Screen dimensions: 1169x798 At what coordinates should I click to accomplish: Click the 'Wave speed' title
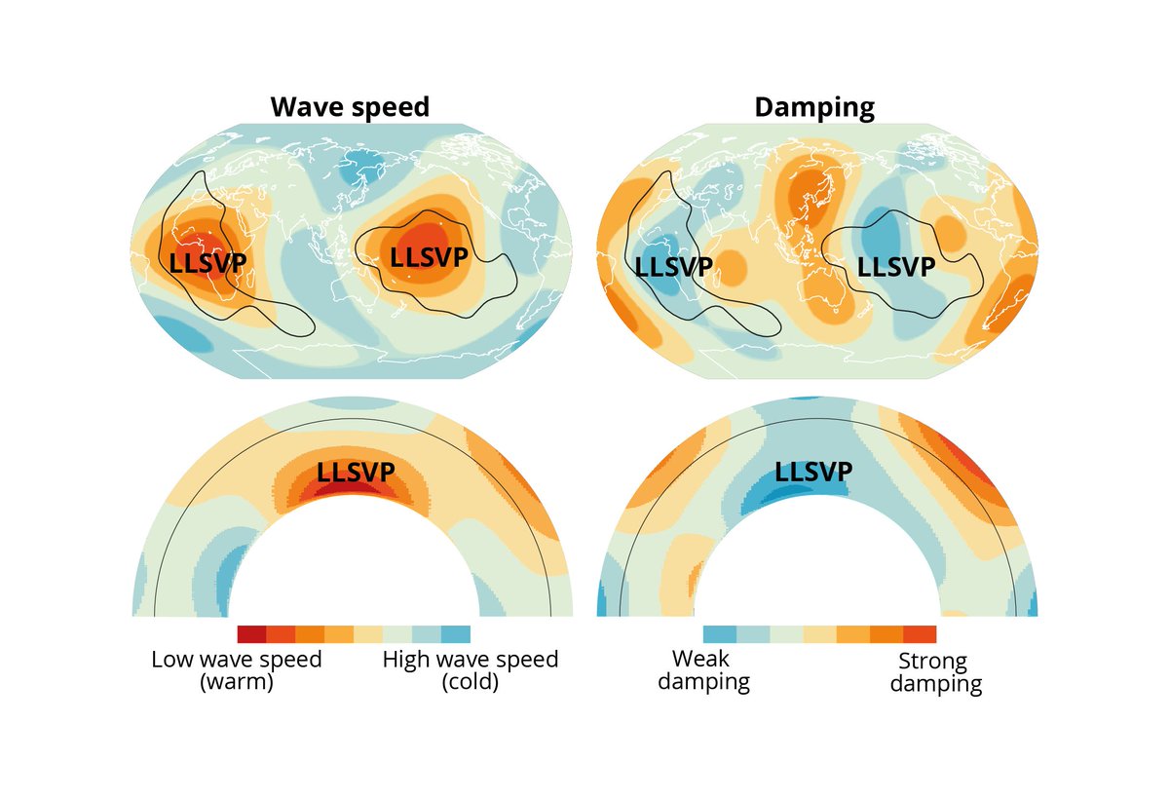point(350,106)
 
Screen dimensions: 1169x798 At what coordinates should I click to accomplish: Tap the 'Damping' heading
point(814,108)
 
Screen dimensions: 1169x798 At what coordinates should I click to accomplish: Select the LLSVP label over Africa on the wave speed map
point(207,263)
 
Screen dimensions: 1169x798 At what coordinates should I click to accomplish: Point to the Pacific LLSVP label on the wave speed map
point(429,257)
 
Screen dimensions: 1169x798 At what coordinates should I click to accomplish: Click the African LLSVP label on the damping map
point(673,267)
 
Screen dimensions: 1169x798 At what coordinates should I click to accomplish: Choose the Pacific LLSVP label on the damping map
point(896,267)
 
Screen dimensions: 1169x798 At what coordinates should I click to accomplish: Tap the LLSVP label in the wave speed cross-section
point(356,473)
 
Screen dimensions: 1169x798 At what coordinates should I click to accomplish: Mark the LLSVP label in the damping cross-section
point(813,472)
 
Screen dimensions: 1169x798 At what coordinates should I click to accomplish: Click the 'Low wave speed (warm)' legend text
point(237,670)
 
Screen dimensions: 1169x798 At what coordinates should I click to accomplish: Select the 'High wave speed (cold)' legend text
point(471,670)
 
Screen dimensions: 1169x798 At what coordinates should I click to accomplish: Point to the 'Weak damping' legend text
point(703,670)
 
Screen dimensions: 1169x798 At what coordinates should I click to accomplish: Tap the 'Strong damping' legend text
point(936,672)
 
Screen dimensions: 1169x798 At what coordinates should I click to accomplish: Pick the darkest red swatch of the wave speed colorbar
point(251,634)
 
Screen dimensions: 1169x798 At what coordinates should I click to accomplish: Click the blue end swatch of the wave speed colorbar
point(456,634)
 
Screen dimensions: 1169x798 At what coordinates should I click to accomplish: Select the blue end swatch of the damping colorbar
point(720,634)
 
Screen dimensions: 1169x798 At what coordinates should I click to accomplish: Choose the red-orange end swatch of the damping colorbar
point(920,634)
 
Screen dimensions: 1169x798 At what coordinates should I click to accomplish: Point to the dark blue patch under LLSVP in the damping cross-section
point(783,492)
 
